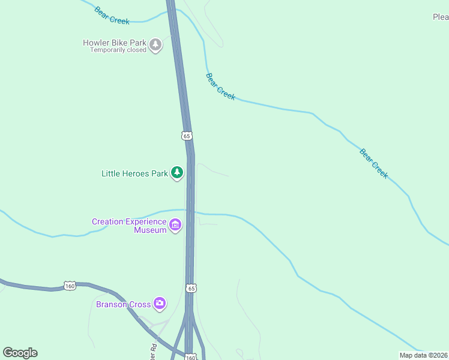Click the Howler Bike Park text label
[115, 43]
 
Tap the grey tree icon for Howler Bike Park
[156, 45]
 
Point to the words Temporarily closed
[118, 50]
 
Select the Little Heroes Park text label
[134, 173]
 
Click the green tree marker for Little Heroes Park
[176, 173]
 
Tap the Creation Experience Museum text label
[128, 226]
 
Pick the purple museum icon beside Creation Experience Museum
[175, 226]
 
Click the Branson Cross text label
[123, 304]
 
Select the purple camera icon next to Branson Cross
[159, 304]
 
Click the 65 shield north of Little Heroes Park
[187, 136]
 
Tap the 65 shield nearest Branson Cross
[191, 289]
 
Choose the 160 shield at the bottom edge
[190, 357]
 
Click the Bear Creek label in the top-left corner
[112, 16]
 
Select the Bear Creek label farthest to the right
[374, 163]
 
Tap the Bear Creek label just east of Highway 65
[220, 86]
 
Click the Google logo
[20, 353]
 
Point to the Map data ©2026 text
[424, 355]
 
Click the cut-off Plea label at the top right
[441, 17]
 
